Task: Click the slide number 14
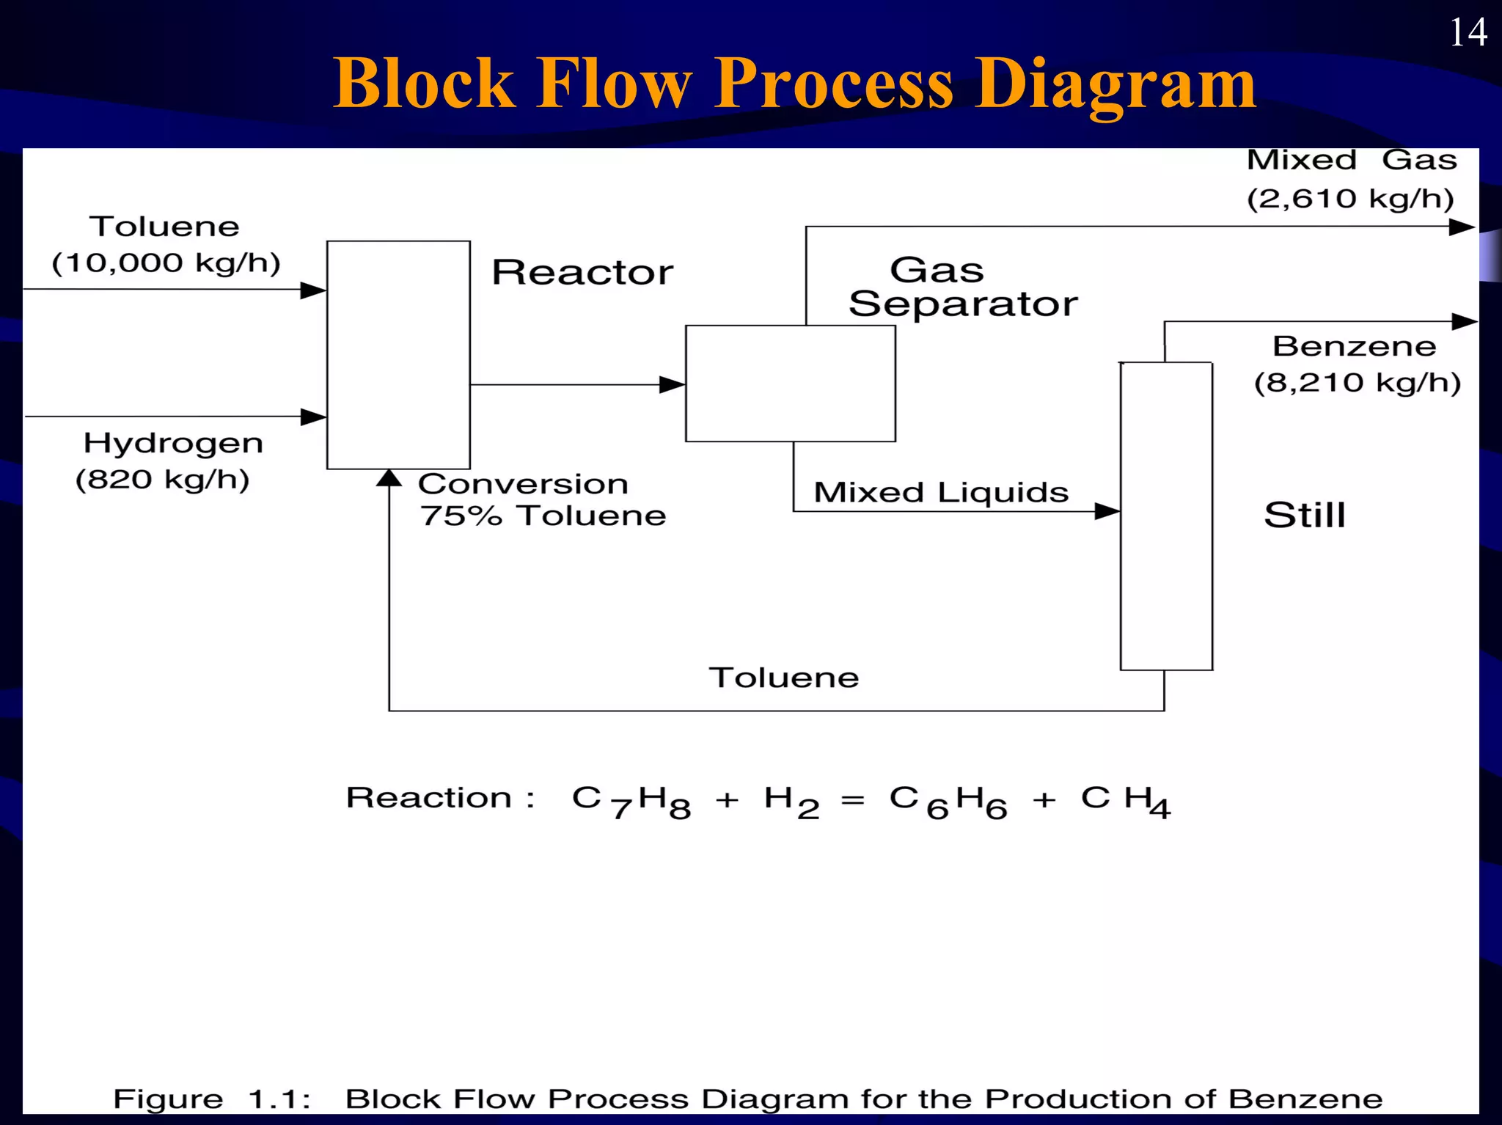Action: [1468, 33]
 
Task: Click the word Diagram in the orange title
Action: [1114, 84]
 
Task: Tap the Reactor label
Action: [582, 273]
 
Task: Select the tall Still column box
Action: [1166, 516]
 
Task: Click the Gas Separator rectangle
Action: [790, 384]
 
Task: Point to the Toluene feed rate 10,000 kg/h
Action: [166, 263]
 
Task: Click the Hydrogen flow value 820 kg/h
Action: [163, 480]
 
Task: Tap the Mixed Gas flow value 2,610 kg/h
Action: [1350, 199]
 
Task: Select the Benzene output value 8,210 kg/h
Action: [1358, 383]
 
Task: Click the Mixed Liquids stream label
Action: [941, 492]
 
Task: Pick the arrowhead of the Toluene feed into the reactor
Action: [314, 290]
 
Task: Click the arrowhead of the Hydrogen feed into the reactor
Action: [314, 417]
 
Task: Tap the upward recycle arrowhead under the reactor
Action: [389, 479]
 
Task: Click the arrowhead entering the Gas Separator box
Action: [671, 384]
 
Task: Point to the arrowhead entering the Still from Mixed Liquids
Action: [1106, 511]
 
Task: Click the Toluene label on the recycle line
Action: [783, 678]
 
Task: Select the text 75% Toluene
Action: [543, 516]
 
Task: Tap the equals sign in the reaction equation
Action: [852, 801]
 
